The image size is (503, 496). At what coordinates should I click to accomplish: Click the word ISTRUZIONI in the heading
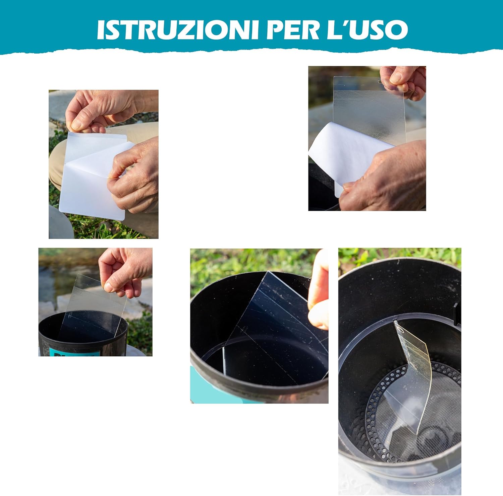coord(178,29)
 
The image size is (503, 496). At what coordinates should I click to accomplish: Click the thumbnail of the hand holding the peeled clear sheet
coord(395,78)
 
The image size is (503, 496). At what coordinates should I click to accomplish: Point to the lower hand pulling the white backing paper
coord(386,178)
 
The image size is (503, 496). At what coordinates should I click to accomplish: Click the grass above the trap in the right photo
coord(399,256)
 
